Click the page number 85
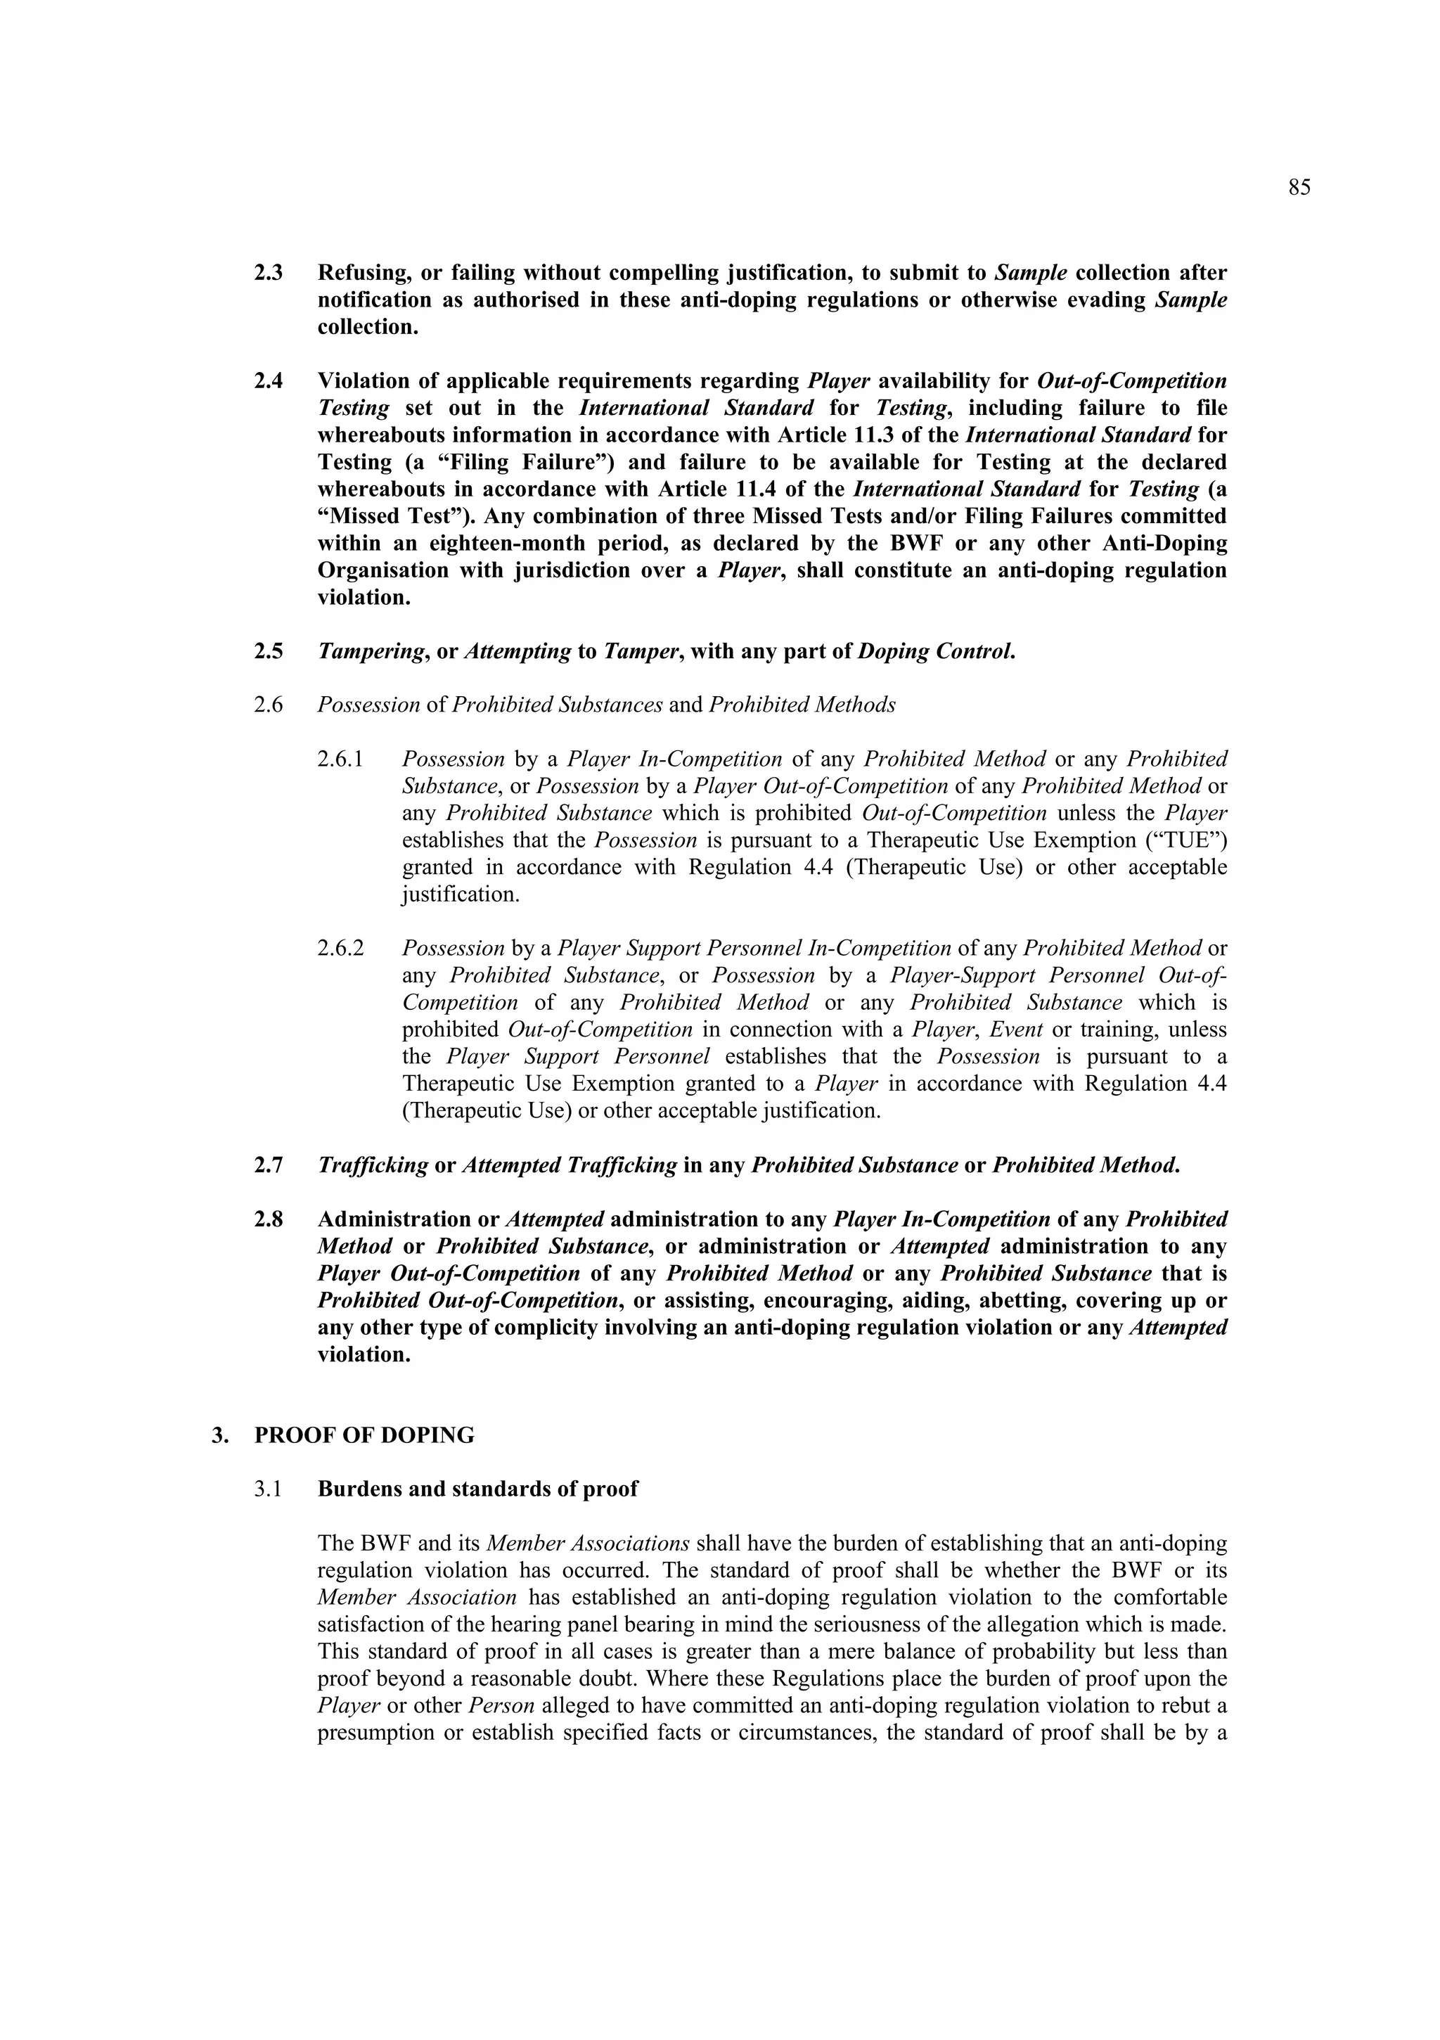click(x=1299, y=188)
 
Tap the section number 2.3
click(x=269, y=273)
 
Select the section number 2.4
click(x=269, y=381)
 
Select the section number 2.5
click(x=269, y=651)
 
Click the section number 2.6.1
click(x=341, y=759)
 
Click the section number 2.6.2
click(x=341, y=948)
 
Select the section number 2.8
click(x=269, y=1219)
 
